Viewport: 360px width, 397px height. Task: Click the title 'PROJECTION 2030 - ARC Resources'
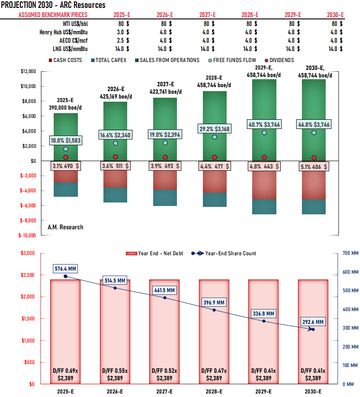point(53,5)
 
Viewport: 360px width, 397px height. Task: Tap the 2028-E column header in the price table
point(250,15)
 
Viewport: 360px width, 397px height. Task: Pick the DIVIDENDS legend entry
point(278,60)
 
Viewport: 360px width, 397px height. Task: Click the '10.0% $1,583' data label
point(66,140)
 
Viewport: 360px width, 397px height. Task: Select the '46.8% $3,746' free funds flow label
point(314,125)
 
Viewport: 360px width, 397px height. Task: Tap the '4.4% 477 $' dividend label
point(214,166)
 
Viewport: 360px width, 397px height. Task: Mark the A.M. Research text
point(65,227)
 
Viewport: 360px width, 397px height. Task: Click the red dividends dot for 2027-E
point(165,158)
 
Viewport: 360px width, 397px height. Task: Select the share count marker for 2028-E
point(214,310)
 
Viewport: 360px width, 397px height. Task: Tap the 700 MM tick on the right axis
point(350,253)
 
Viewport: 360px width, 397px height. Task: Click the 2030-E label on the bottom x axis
point(313,391)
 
